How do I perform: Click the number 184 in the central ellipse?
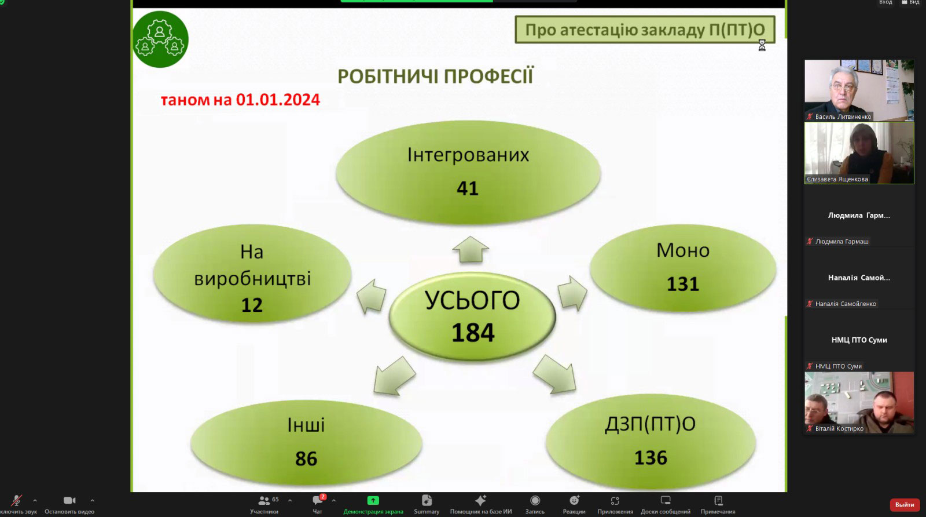pos(473,333)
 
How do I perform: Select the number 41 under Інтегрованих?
pos(468,188)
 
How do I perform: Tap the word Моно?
pos(683,250)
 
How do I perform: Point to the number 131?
pos(682,284)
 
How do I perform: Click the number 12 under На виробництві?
pos(252,305)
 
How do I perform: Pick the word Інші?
pos(306,425)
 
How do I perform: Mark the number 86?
pos(306,458)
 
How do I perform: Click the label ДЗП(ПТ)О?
pos(651,424)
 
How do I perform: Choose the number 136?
pos(651,457)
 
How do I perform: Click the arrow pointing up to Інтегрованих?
pos(471,249)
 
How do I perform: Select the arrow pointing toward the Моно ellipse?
pos(572,293)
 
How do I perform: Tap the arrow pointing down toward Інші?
pos(393,376)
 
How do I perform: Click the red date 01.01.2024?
pos(278,100)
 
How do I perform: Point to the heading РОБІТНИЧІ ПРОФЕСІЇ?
pos(435,76)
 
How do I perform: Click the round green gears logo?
pos(160,39)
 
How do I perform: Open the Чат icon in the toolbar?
pos(318,500)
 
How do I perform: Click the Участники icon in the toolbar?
pos(264,501)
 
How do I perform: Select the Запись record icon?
pos(535,500)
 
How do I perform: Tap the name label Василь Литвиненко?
pos(843,116)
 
